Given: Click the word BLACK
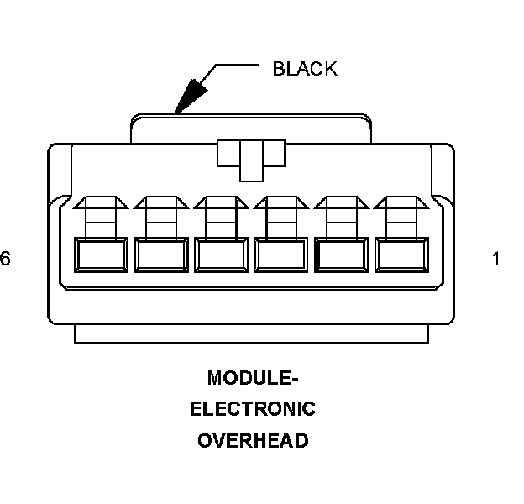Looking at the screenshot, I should pyautogui.click(x=305, y=69).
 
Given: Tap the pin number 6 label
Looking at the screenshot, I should pyautogui.click(x=5, y=260).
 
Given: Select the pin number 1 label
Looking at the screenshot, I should pyautogui.click(x=495, y=260).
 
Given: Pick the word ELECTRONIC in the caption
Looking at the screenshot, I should pyautogui.click(x=253, y=409).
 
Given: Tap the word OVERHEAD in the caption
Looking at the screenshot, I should pyautogui.click(x=253, y=440).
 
